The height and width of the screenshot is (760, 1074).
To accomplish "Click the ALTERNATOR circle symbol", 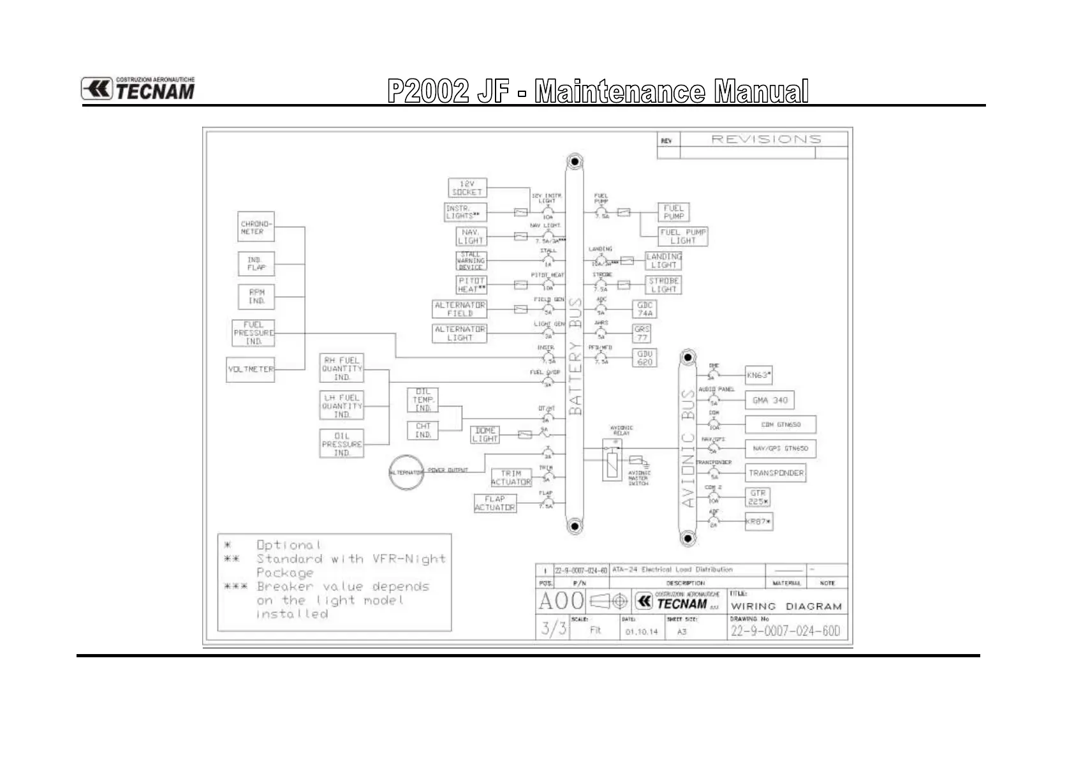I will coord(406,472).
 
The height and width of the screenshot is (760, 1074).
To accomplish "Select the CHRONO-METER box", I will coord(256,227).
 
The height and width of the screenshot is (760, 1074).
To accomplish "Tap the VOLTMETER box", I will coord(251,369).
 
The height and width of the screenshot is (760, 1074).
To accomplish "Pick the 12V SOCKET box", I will coord(467,188).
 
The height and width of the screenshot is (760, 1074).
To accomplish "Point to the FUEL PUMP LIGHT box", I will coord(683,237).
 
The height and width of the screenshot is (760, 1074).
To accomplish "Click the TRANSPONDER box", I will coord(776,473).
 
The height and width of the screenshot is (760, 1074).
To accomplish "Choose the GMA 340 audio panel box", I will coord(770,400).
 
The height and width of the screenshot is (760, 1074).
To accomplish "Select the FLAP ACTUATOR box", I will coord(495,503).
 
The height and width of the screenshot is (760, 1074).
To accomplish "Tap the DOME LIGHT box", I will coord(485,435).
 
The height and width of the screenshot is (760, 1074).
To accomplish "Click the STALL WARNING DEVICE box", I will coord(471,260).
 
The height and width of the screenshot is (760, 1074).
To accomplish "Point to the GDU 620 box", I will coord(645,358).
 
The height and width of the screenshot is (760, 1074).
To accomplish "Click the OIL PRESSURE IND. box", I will coord(342,444).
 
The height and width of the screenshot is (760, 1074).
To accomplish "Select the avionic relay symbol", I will coord(612,459).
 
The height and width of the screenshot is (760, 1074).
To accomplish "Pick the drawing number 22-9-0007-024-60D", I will coord(785,631).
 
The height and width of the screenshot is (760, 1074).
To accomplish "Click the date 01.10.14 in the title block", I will coord(641,632).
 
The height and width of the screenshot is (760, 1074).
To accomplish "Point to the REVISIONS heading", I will coord(766,139).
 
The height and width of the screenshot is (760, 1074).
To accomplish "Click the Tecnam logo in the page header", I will coord(138,89).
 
